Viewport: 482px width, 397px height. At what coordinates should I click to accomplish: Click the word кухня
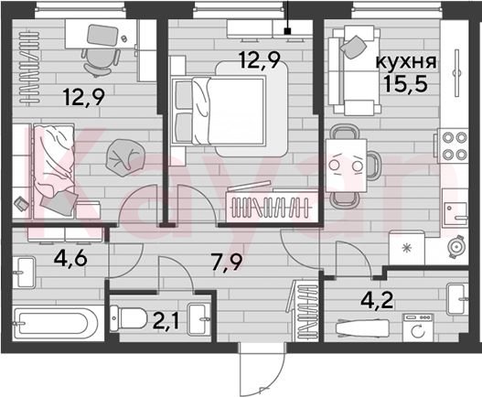coord(406,62)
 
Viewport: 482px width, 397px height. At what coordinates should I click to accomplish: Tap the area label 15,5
coord(406,84)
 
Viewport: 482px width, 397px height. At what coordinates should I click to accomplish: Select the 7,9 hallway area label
coord(228,263)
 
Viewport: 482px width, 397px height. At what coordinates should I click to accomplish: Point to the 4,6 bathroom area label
coord(70,259)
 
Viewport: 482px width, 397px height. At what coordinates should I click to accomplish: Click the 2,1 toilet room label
coord(166,321)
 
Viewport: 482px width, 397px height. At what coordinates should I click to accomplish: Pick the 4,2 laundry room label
coord(377,300)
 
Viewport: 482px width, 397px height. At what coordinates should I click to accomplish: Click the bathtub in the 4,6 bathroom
coord(55,323)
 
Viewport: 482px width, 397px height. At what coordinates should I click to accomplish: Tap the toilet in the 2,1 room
coord(129,318)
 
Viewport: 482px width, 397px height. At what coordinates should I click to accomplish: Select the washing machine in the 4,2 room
coord(418,327)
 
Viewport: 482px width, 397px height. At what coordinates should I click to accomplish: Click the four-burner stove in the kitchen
coord(453,145)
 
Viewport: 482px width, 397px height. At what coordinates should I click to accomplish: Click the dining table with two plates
coord(347,166)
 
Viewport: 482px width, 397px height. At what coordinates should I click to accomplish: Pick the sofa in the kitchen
coord(354,70)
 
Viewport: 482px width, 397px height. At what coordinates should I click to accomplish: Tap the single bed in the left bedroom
coord(53,171)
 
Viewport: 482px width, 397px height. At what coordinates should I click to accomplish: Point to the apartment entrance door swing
coord(262,370)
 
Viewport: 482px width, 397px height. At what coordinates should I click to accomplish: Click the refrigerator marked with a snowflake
coord(406,248)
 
